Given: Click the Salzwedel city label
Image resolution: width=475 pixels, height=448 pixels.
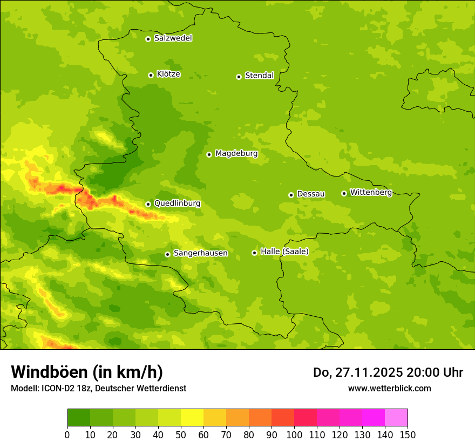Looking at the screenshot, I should click(x=173, y=38).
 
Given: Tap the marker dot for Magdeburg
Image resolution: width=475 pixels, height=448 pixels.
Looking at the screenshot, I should click(x=209, y=154).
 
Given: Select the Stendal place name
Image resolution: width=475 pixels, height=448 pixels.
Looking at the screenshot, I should click(x=259, y=76).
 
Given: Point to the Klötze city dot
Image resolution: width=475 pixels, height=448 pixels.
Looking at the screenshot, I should click(x=151, y=75).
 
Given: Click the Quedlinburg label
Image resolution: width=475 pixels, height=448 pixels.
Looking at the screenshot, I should click(x=177, y=203).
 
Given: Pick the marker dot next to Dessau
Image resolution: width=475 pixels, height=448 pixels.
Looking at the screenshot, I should click(x=291, y=195).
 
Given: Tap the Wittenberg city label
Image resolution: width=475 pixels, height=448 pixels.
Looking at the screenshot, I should click(x=371, y=192).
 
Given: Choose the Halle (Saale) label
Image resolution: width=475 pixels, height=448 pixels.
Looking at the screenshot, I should click(x=284, y=252).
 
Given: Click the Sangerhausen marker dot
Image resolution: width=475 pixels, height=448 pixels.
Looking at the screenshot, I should click(x=167, y=254).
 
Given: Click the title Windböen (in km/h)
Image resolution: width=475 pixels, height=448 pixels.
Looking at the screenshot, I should click(x=87, y=372).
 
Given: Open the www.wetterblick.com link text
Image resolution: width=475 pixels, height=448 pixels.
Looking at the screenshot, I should click(x=389, y=388).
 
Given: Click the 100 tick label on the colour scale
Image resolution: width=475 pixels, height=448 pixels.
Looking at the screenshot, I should click(x=294, y=435).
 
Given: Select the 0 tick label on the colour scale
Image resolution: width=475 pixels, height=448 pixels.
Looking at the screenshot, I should click(x=67, y=435).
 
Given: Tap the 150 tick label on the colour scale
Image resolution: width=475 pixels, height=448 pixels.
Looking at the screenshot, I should click(x=408, y=435).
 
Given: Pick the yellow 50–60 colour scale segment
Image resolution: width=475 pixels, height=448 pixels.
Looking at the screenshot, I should click(x=192, y=418).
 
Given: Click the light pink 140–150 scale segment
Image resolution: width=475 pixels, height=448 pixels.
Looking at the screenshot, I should click(x=396, y=418).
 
